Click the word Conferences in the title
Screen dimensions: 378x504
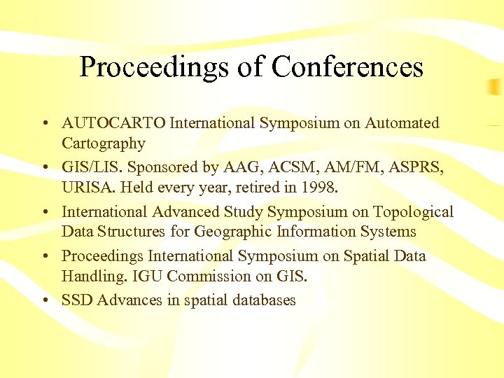tap(347, 67)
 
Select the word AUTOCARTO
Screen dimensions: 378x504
tap(114, 124)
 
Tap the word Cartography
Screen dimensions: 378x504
tap(104, 144)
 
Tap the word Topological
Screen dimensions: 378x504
tap(412, 212)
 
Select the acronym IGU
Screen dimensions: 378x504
tap(142, 276)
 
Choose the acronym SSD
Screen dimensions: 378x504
tap(78, 301)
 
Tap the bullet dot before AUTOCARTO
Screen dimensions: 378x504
tap(44, 124)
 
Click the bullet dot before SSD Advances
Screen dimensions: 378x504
tap(44, 301)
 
